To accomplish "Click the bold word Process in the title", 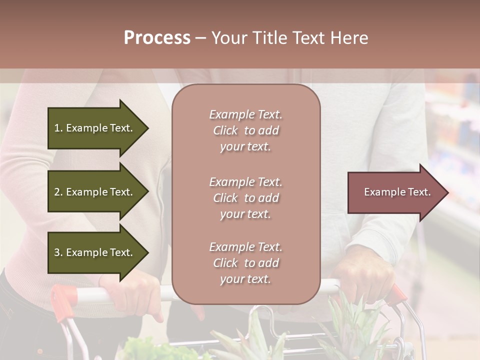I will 157,37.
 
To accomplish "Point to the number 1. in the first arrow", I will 58,128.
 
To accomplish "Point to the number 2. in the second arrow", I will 58,192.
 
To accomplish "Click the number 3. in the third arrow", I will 58,252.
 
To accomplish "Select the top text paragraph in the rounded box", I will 245,130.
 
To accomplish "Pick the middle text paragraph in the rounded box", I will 245,198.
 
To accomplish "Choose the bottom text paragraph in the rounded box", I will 245,263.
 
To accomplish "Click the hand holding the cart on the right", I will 362,280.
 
